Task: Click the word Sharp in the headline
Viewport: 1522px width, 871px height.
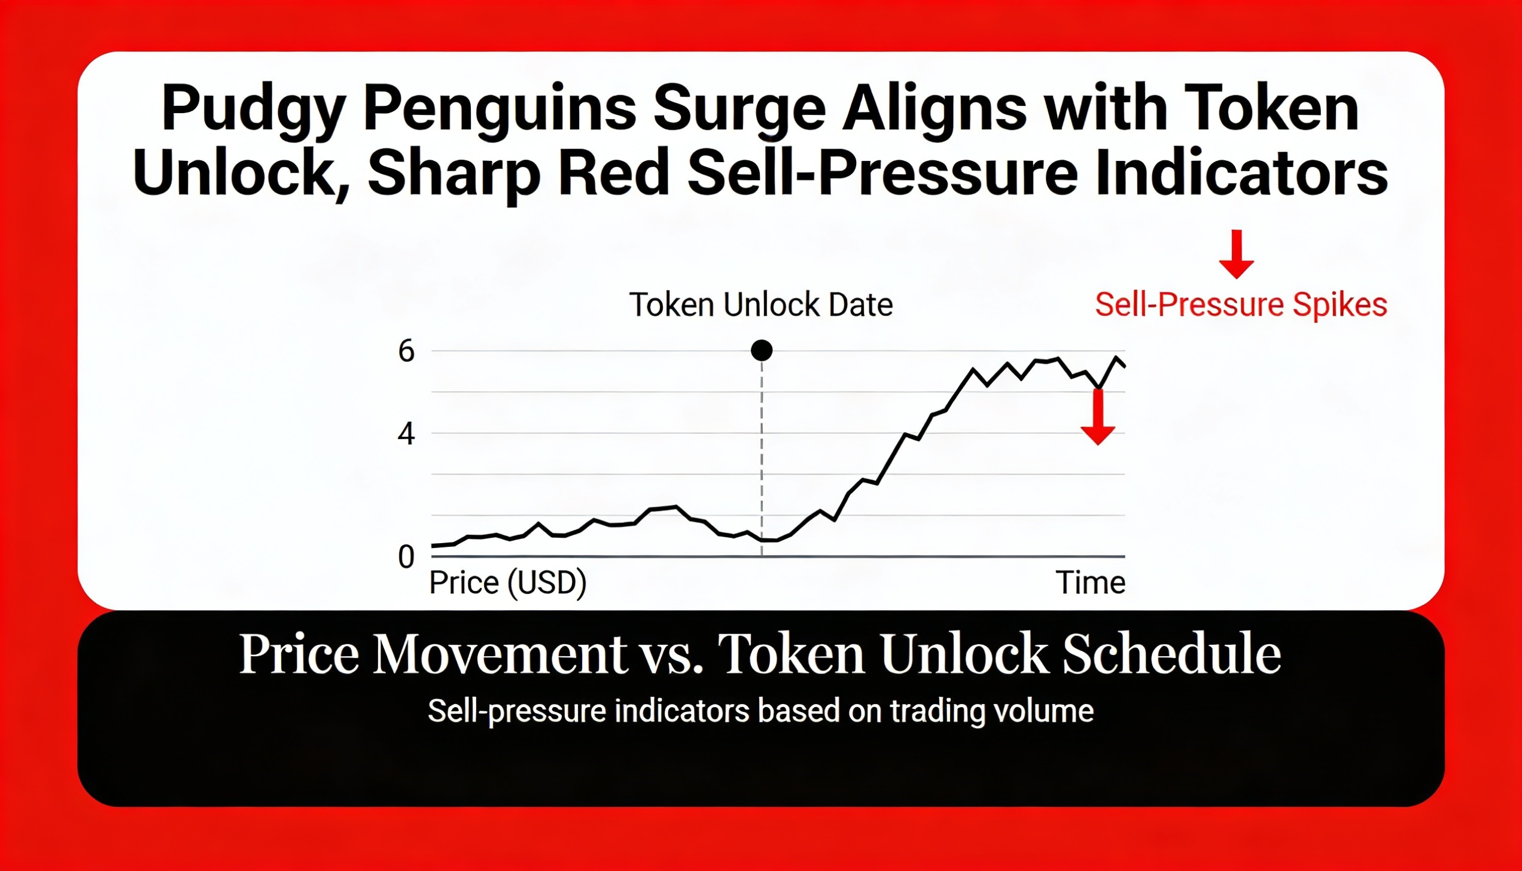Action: (454, 174)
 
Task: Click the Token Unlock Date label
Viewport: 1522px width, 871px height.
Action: (761, 304)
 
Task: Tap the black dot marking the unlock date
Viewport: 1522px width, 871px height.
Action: (762, 351)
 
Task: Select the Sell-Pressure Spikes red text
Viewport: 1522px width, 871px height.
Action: (1241, 305)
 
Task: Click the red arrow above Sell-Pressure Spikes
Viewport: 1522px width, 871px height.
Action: (1237, 254)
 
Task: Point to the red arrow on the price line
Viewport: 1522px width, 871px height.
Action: (1098, 417)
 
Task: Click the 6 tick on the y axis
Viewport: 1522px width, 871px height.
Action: (406, 351)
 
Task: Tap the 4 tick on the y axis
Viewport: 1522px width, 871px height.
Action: (406, 434)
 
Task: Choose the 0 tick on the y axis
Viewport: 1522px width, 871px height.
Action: (406, 557)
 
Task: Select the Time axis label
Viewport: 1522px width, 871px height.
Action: (1090, 583)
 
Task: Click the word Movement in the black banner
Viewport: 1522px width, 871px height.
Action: (500, 654)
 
